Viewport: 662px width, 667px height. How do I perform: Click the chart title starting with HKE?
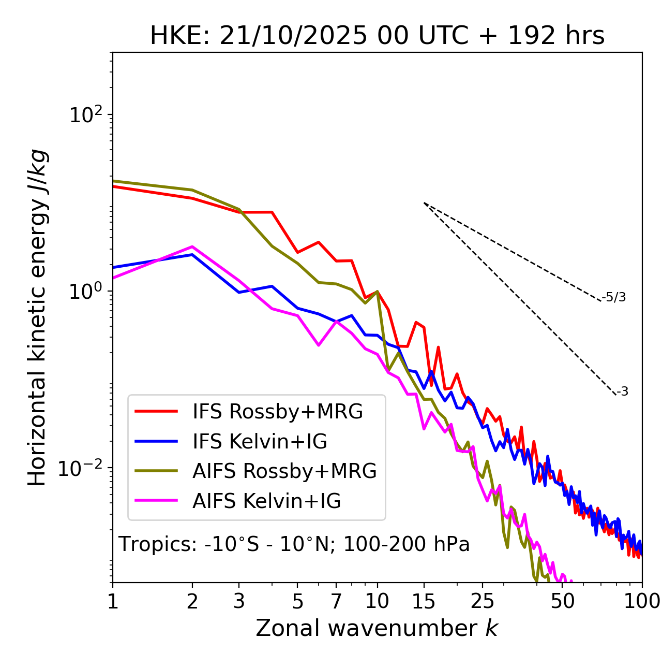tap(377, 36)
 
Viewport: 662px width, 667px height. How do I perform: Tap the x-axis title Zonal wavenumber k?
tap(377, 628)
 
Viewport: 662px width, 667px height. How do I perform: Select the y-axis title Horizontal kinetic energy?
tap(38, 317)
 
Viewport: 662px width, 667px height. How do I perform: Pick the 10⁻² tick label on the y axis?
tap(83, 468)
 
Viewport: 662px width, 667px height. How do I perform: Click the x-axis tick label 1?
tap(113, 601)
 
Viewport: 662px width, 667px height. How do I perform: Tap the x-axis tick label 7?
tap(336, 601)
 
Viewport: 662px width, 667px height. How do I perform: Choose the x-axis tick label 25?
tap(483, 601)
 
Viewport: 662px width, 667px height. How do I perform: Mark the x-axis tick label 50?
tap(563, 601)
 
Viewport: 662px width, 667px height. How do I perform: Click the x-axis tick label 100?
tap(642, 601)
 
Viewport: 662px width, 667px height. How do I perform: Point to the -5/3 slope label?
tap(614, 297)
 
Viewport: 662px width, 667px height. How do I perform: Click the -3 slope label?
tap(622, 392)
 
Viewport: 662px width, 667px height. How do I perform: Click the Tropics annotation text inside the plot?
tap(294, 544)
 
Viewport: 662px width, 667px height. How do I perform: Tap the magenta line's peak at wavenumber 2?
tap(192, 247)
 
